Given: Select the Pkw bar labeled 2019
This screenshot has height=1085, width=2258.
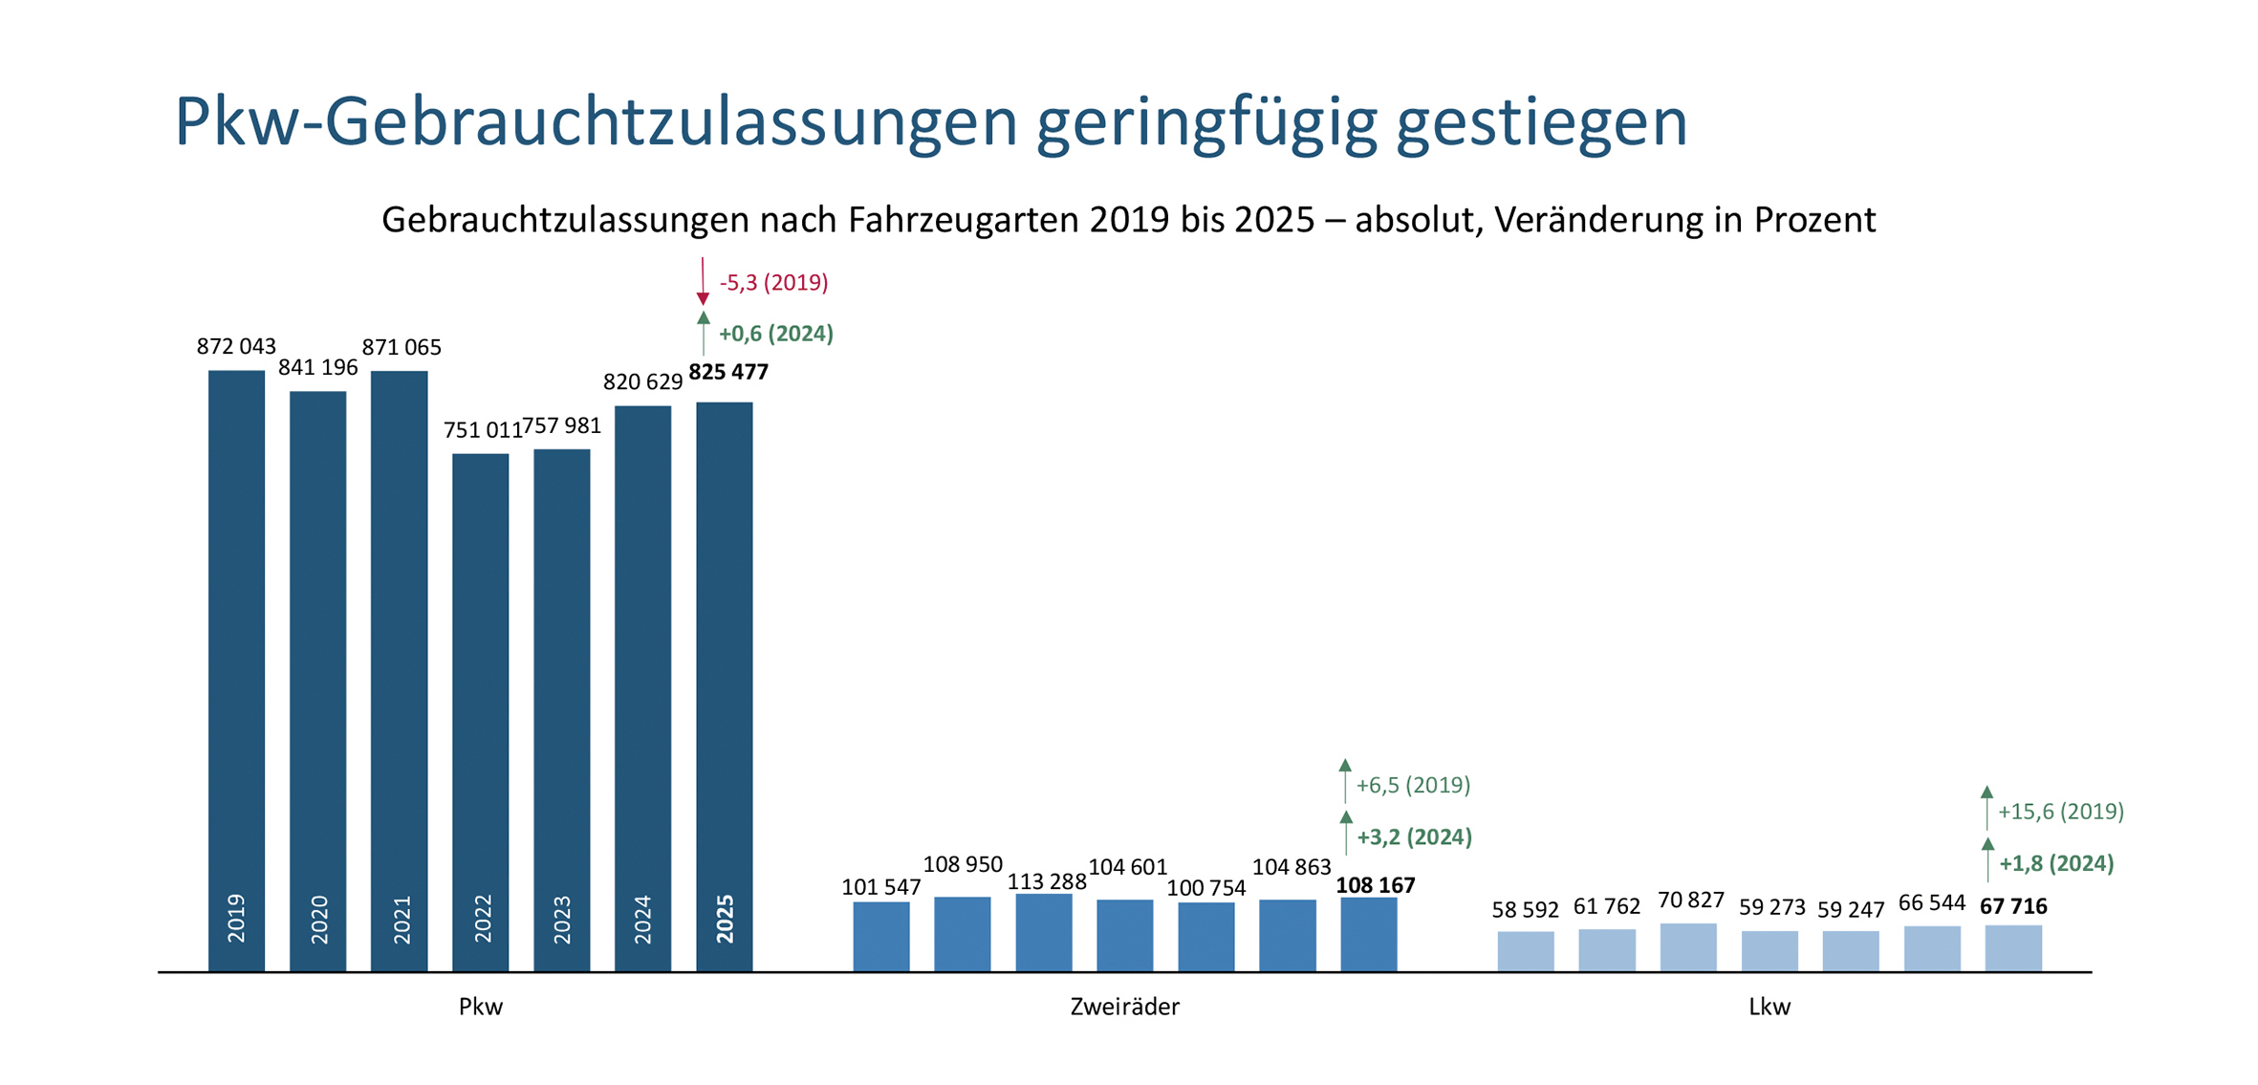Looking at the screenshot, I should [x=236, y=669].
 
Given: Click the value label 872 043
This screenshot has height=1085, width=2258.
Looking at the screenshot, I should [x=236, y=346].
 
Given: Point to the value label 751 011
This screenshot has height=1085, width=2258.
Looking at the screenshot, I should [x=482, y=430].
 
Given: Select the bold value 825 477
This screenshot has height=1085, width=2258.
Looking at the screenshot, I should [x=728, y=372].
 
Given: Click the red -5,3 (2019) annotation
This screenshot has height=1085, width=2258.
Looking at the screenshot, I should [x=773, y=283].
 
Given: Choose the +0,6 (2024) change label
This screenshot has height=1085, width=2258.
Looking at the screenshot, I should [x=775, y=334].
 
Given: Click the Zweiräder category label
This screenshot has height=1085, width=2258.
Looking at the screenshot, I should [x=1124, y=1007].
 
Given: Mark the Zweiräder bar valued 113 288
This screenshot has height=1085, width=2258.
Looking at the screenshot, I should [x=1043, y=932].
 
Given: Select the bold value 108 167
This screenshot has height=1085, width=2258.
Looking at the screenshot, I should [x=1375, y=885].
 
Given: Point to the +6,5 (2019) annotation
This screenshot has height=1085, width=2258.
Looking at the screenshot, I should [x=1412, y=786].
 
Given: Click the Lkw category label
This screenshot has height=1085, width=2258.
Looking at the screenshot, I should [x=1769, y=1007].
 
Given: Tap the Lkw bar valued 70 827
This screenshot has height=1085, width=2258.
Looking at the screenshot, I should [x=1687, y=947].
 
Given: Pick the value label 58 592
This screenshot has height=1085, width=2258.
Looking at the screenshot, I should [x=1525, y=910].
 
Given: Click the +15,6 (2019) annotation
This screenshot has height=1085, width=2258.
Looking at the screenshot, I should [x=2060, y=812].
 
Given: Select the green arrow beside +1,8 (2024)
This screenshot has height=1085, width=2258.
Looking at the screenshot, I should [x=1987, y=859].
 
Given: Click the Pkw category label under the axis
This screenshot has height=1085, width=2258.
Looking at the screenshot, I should [x=480, y=1007].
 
